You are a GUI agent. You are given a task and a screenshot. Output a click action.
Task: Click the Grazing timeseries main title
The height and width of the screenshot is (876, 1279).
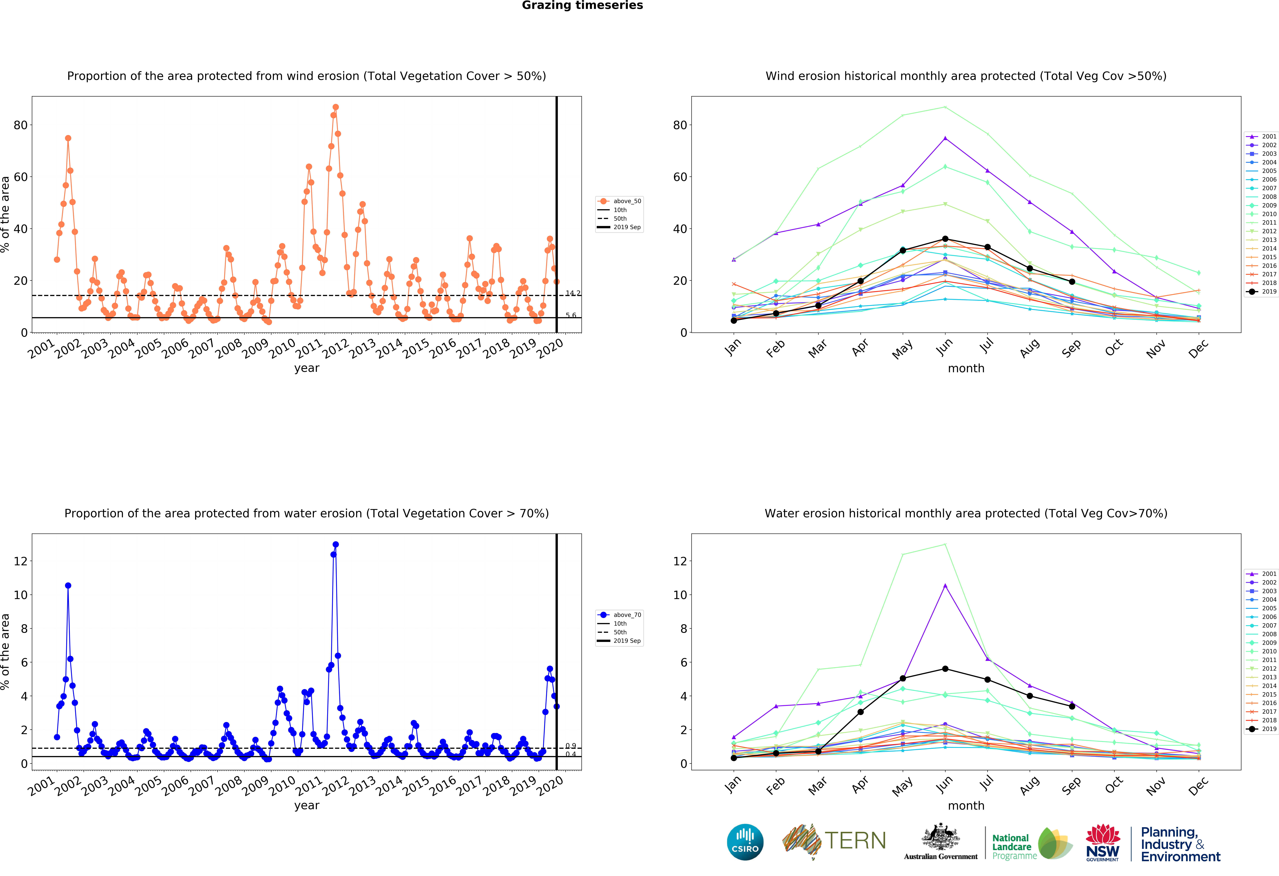(582, 5)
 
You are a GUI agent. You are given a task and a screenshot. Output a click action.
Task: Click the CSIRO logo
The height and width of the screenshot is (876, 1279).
(745, 842)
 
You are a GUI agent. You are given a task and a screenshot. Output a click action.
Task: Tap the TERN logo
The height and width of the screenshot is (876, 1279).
(834, 841)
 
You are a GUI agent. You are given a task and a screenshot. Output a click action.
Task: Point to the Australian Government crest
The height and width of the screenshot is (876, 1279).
(941, 841)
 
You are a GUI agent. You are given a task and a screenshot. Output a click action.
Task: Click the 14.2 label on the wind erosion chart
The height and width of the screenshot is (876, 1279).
(573, 293)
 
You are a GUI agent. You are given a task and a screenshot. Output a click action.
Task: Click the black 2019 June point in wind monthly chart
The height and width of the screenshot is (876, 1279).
(945, 239)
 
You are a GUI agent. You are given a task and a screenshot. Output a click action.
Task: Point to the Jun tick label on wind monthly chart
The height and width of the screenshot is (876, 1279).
(944, 346)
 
